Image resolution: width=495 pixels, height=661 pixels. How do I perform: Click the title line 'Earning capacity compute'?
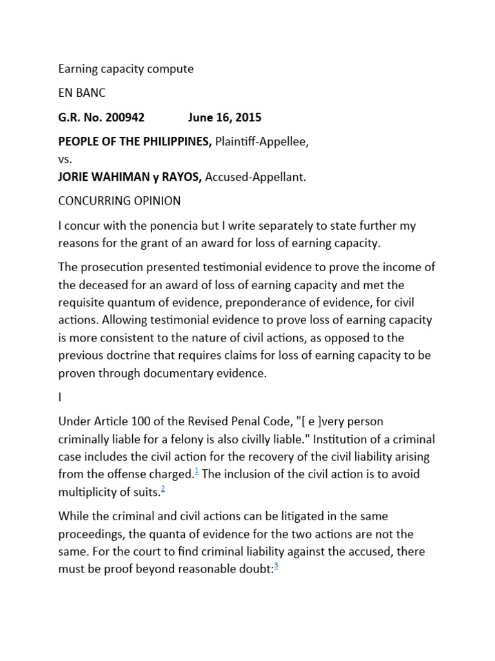[126, 68]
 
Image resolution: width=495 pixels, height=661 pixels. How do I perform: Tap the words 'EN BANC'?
[82, 93]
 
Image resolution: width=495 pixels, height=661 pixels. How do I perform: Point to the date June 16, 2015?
[224, 117]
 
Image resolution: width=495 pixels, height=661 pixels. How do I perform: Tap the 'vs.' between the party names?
[66, 158]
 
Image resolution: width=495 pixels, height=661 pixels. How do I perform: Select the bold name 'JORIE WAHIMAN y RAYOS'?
[130, 177]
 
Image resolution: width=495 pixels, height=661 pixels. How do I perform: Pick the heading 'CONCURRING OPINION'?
[119, 201]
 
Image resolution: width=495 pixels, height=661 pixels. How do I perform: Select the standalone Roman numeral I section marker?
[60, 398]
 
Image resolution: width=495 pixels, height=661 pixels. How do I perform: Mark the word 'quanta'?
[162, 534]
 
